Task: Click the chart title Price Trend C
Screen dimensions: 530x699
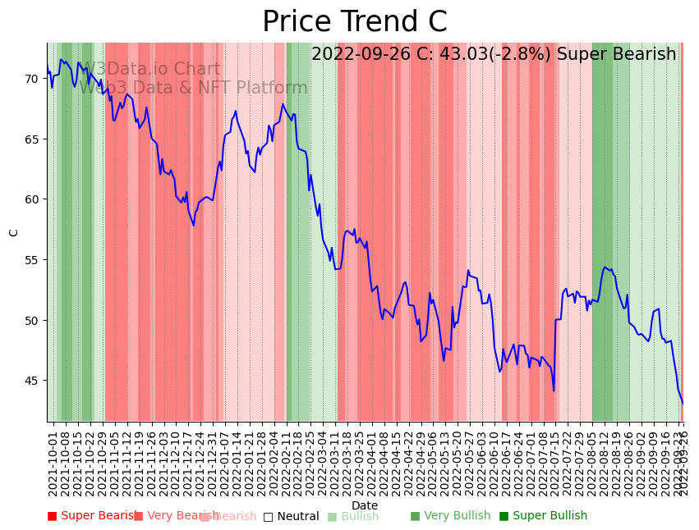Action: coord(354,22)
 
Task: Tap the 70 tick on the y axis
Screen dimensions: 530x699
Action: coord(31,79)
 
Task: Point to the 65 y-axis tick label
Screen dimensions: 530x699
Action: coord(31,139)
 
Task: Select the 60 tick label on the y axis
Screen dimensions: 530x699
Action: coord(31,199)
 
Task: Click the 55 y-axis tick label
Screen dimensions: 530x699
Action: coord(31,260)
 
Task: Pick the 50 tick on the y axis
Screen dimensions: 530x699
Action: coord(31,321)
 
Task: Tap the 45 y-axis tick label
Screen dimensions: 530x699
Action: coord(31,381)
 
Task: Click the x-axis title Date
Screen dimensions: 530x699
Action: coord(365,506)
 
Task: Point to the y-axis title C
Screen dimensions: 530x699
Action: coord(14,232)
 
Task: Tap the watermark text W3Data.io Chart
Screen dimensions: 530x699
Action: coord(150,70)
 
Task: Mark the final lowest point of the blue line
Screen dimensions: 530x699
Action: coord(682,404)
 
